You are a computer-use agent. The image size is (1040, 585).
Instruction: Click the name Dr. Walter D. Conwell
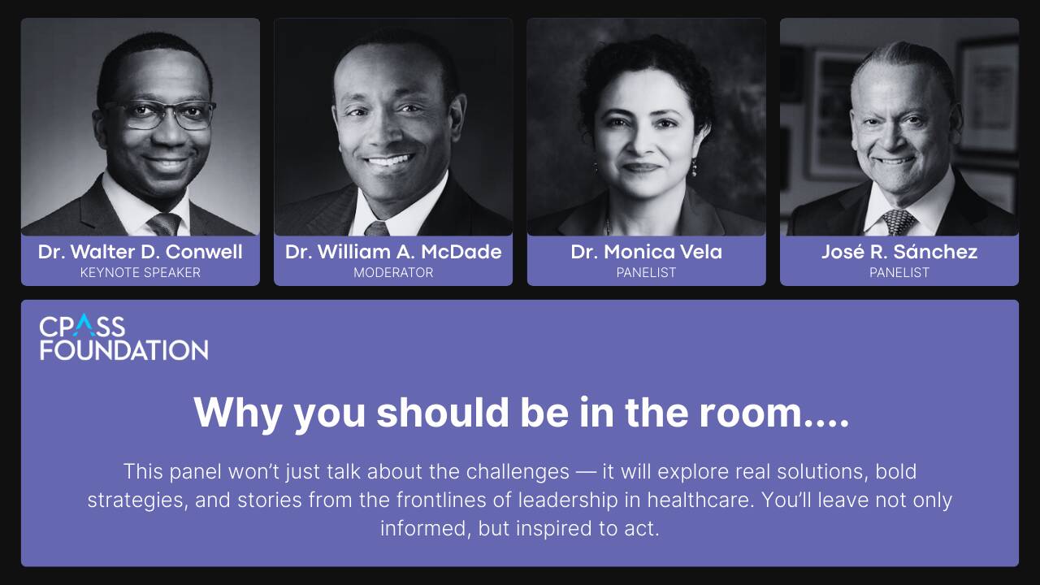pyautogui.click(x=141, y=252)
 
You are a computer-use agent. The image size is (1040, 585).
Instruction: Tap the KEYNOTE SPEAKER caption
pyautogui.click(x=141, y=272)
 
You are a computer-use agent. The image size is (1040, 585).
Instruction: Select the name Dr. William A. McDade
pyautogui.click(x=393, y=252)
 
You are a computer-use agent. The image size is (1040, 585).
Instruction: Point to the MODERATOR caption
pyautogui.click(x=393, y=272)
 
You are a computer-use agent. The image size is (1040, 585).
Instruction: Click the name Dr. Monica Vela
pyautogui.click(x=646, y=252)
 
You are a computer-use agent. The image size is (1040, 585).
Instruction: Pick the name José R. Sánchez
pyautogui.click(x=899, y=252)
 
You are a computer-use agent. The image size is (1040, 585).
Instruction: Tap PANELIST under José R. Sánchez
pyautogui.click(x=899, y=272)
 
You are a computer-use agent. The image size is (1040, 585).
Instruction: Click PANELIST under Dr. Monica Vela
pyautogui.click(x=646, y=272)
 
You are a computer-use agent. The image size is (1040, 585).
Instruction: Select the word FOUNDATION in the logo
pyautogui.click(x=124, y=350)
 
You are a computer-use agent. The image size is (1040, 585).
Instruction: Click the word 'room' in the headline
pyautogui.click(x=751, y=412)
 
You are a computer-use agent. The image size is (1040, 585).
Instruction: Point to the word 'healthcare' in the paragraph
pyautogui.click(x=700, y=500)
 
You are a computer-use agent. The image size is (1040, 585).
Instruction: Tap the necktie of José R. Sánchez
pyautogui.click(x=899, y=223)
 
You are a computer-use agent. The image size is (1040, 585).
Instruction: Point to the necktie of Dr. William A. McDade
pyautogui.click(x=376, y=229)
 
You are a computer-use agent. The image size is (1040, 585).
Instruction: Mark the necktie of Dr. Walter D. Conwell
pyautogui.click(x=163, y=224)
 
